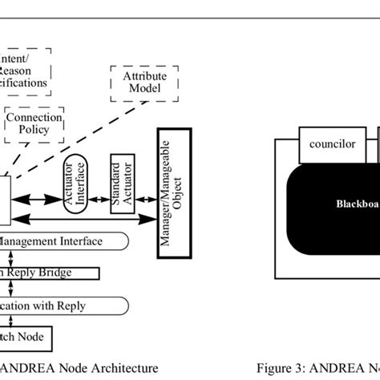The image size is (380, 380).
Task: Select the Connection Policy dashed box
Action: (x=34, y=123)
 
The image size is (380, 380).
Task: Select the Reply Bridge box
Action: (x=48, y=273)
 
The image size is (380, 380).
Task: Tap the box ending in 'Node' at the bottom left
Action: (x=24, y=336)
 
